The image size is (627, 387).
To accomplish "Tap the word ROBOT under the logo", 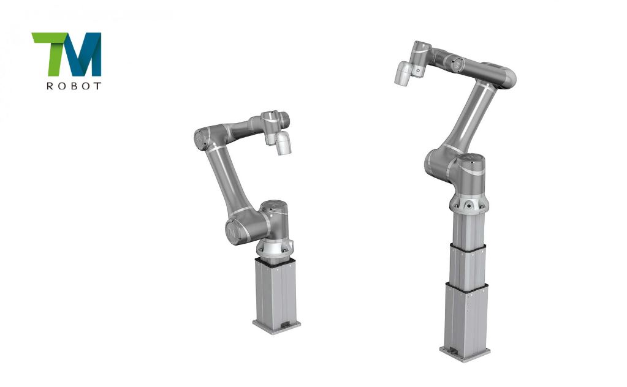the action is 74,86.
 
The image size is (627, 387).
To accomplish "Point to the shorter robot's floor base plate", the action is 276,326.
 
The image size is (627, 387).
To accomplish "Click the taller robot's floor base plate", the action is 465,353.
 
